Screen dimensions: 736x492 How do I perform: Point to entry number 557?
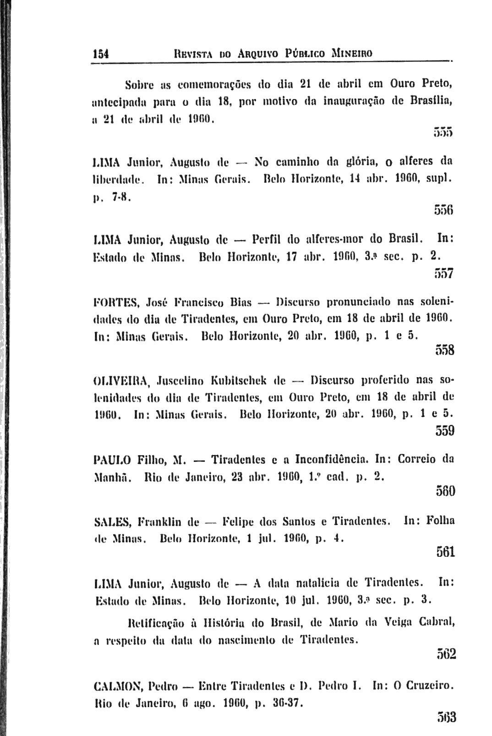click(443, 274)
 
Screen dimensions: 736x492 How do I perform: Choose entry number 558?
click(443, 350)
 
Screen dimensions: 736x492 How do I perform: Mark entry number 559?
click(443, 431)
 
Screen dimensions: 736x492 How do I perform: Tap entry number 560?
click(443, 491)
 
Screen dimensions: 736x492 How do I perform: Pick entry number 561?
click(443, 551)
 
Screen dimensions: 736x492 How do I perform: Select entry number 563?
click(443, 716)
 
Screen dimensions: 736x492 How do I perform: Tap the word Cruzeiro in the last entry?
click(428, 687)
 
